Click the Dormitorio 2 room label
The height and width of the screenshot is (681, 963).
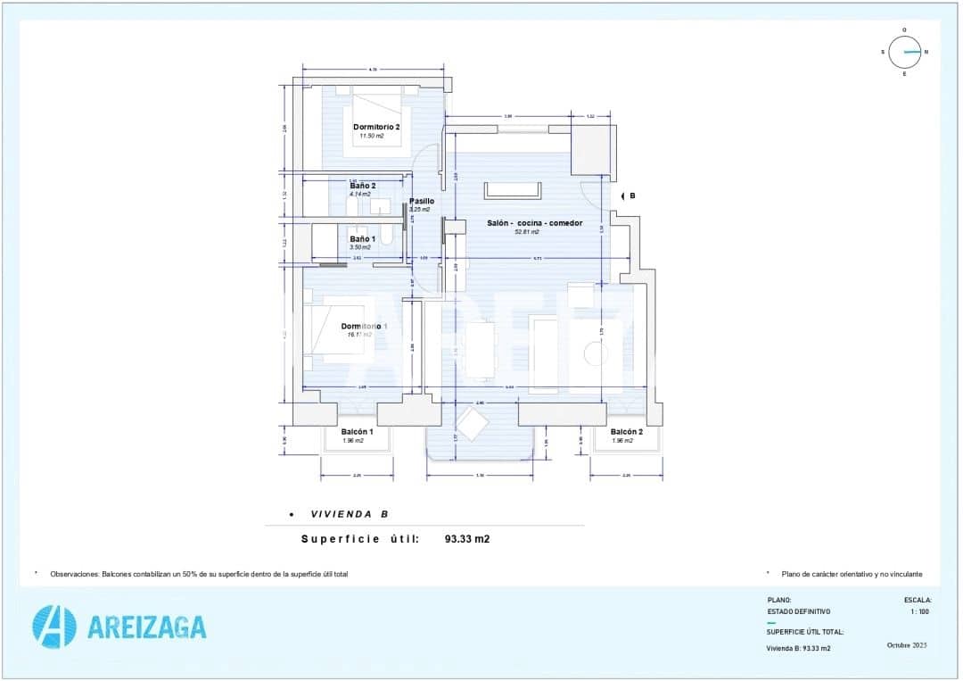tap(375, 127)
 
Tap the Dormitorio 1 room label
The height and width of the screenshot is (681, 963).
tap(364, 327)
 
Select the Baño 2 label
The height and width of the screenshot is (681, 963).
tap(363, 186)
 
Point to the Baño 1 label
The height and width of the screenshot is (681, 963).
tap(362, 238)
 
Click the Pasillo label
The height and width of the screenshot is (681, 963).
tap(421, 202)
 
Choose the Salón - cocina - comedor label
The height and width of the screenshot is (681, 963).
tap(534, 223)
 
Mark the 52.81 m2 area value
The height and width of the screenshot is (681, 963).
tap(528, 232)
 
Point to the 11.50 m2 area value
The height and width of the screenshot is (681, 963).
tap(371, 137)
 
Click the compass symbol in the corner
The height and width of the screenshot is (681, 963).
tap(904, 52)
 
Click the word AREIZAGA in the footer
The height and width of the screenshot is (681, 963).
tap(147, 627)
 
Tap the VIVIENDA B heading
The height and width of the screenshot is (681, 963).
tap(349, 515)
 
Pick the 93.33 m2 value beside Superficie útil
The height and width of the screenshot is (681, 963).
tap(467, 539)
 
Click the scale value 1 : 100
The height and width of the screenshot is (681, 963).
tap(920, 611)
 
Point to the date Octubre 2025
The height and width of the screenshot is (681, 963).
tap(909, 645)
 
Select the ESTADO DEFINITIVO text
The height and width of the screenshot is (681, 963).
tap(798, 611)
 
